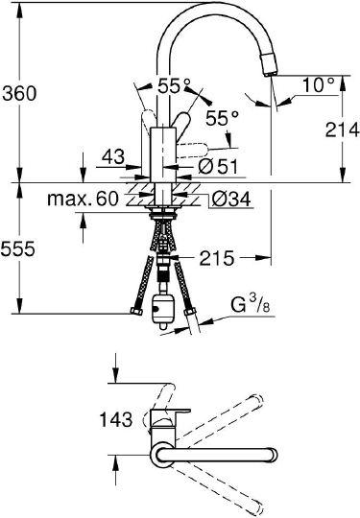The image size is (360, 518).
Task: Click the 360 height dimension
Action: coord(19,93)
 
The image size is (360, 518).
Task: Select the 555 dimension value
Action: coord(18,248)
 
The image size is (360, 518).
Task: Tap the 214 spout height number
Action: coord(342,129)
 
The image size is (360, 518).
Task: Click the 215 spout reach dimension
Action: coord(217,258)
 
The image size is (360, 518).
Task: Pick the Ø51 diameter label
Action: coord(218,166)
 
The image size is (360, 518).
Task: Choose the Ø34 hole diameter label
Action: coord(231,199)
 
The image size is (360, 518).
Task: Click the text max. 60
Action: coord(83,199)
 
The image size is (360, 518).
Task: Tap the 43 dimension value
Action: coord(113,156)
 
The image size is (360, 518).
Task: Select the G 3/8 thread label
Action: coord(251,305)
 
